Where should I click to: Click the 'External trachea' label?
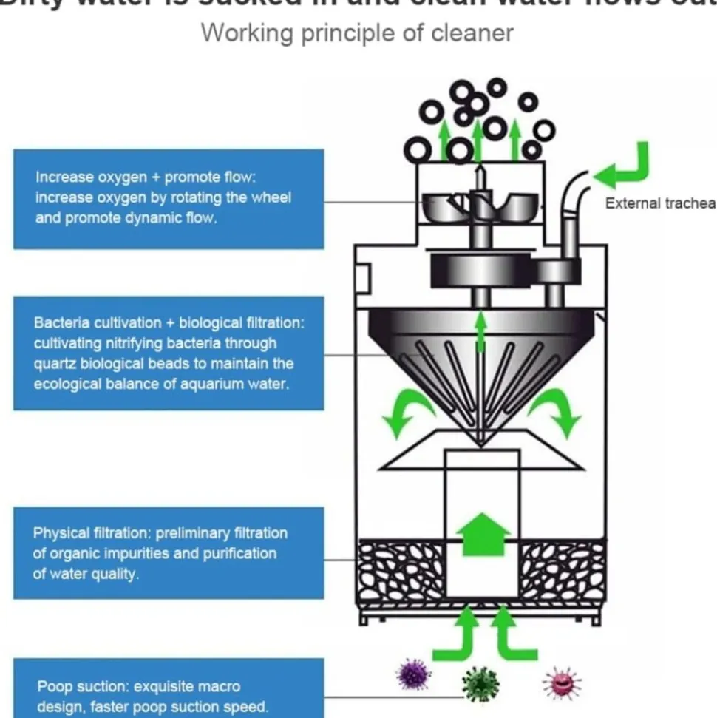coord(660,203)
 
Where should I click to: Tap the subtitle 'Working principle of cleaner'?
coord(357,33)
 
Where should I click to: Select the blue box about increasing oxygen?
coord(169,198)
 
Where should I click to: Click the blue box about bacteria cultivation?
coord(169,353)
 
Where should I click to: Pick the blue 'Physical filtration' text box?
coord(169,553)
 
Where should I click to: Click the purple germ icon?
coord(413,674)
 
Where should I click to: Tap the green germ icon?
coord(480,684)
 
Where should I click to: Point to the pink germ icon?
coord(562,682)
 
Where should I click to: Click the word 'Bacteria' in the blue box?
coord(60,323)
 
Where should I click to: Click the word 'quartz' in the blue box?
coord(53,364)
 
